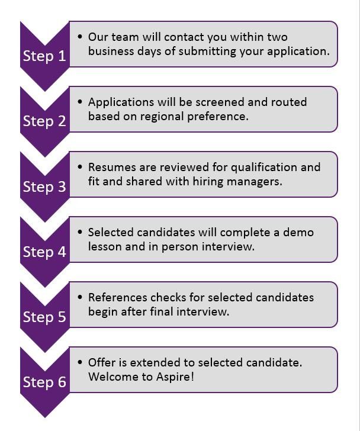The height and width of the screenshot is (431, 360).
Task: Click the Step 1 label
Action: (44, 56)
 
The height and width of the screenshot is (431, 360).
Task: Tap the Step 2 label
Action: (44, 121)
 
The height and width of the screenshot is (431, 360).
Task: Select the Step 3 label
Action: (44, 186)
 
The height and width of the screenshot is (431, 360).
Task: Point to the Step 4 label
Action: (44, 252)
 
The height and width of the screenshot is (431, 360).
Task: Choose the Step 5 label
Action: (44, 317)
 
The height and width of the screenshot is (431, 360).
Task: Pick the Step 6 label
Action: (44, 382)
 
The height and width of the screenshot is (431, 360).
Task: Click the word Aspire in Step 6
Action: (173, 377)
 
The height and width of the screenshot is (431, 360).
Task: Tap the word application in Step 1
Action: (298, 52)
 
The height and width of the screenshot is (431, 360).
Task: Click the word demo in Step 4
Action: (298, 232)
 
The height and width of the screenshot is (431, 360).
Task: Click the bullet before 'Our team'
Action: (80, 37)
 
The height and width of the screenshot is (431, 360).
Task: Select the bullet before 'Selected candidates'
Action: (80, 232)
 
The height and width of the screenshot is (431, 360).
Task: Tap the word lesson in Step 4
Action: (105, 246)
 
